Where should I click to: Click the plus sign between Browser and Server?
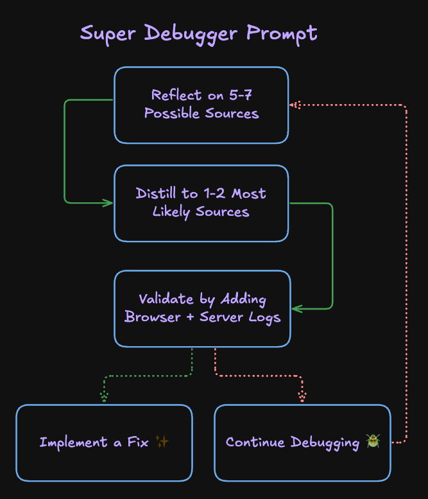tap(193, 317)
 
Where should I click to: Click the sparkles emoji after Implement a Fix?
tap(162, 442)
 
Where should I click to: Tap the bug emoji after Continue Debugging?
tap(373, 441)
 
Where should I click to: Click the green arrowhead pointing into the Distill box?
tap(108, 203)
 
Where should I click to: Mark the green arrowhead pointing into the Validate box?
tap(296, 309)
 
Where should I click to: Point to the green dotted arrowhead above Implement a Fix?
tap(104, 397)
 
